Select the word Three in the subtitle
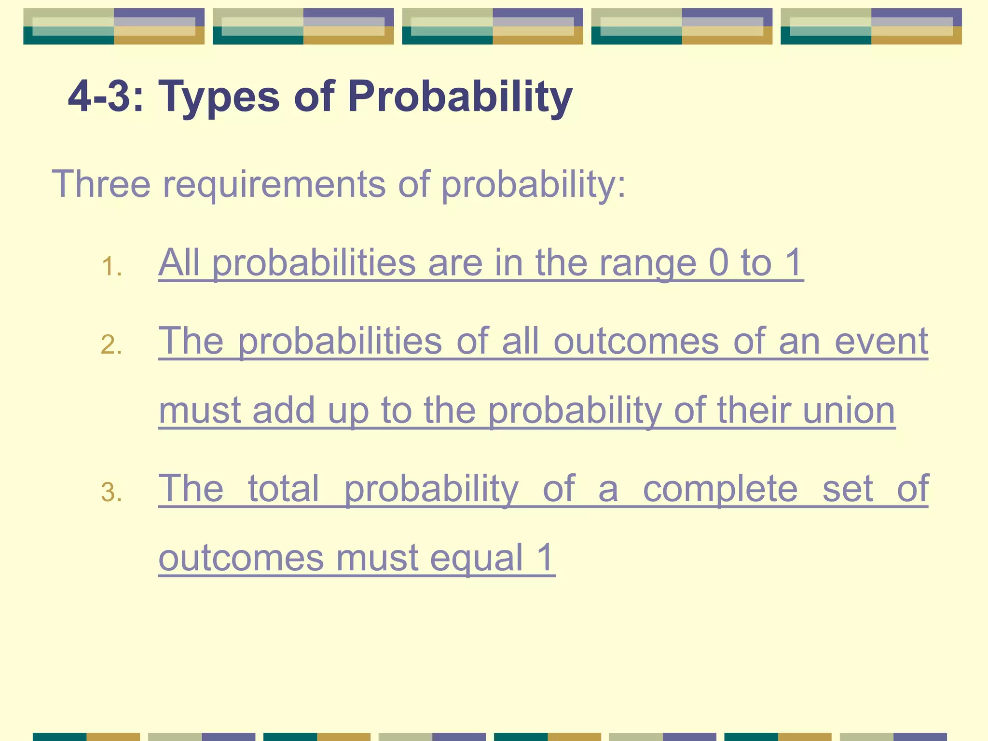coord(101,184)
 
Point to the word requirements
coord(274,184)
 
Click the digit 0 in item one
coord(718,263)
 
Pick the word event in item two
coord(881,341)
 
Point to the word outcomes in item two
coord(636,341)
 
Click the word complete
coord(720,489)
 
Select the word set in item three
coord(848,489)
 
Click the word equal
coord(477,558)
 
